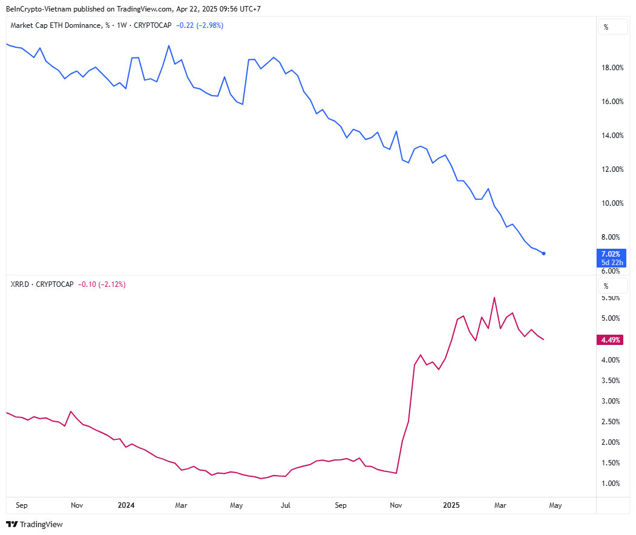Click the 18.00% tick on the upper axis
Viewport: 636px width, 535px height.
click(x=613, y=67)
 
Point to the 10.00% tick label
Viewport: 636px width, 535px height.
click(x=613, y=203)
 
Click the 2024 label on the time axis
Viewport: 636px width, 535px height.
click(x=126, y=505)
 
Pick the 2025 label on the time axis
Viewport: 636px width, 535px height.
click(x=451, y=505)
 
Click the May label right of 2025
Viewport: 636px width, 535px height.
click(x=556, y=505)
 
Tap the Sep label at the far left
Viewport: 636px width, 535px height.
click(x=22, y=505)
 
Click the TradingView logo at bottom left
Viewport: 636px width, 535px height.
click(x=34, y=524)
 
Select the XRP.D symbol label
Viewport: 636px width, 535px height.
click(x=20, y=284)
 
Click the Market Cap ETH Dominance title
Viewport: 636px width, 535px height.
click(x=54, y=25)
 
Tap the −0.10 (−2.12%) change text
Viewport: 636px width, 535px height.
click(x=102, y=284)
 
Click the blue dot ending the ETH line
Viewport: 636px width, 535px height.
click(x=544, y=253)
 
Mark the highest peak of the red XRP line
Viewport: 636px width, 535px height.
click(x=494, y=297)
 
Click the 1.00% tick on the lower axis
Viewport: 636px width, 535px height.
click(x=611, y=484)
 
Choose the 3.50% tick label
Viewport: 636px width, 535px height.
click(x=611, y=381)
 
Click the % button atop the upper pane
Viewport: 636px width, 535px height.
click(x=606, y=27)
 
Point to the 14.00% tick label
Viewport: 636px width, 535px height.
click(x=613, y=135)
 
